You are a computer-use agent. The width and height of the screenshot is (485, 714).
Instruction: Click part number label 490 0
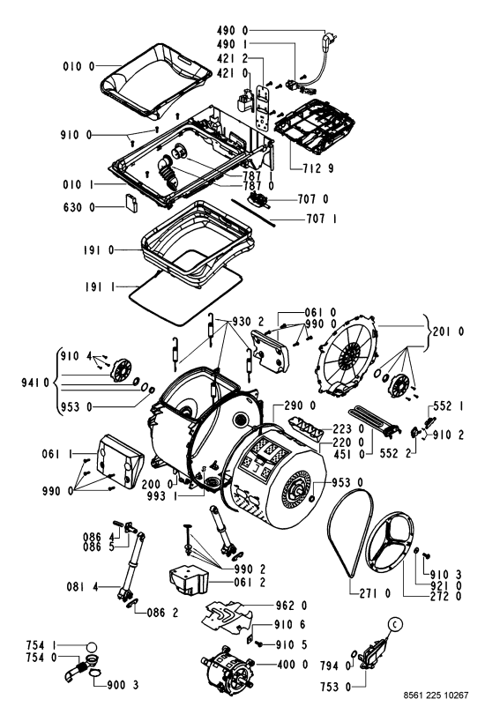point(232,31)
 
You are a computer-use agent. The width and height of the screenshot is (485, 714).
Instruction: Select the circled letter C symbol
point(394,625)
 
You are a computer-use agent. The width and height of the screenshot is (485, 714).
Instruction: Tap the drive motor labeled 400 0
point(227,668)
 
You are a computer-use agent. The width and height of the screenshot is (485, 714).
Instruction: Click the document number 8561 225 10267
point(436,695)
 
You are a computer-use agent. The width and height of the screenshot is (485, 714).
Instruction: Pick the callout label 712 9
point(317,168)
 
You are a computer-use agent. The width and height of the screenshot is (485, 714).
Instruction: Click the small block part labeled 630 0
point(132,202)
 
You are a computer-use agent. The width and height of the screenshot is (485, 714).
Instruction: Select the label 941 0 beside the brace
point(35,382)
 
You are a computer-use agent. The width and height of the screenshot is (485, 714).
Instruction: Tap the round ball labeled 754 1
point(92,648)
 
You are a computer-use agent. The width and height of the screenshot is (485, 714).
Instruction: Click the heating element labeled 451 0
point(373,422)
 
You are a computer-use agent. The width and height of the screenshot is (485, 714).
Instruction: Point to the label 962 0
point(292,606)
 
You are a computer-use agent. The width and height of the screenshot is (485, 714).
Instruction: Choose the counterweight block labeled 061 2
point(188,580)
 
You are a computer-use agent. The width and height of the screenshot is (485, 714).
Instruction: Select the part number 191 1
point(100,286)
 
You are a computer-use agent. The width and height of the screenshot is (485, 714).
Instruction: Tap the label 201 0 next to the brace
point(448,331)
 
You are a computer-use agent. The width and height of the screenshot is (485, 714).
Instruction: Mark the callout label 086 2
point(162,613)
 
